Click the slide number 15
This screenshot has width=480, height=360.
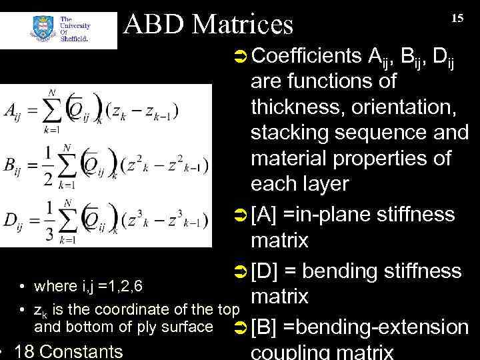point(457,18)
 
